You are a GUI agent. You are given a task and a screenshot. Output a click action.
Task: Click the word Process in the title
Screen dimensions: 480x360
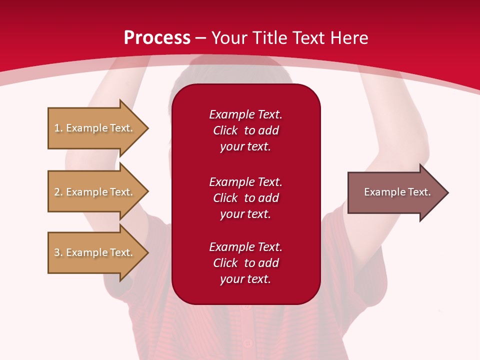157,38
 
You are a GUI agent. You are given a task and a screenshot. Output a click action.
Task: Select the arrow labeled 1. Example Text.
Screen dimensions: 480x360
98,128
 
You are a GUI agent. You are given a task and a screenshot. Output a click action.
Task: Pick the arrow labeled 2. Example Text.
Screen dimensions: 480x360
98,191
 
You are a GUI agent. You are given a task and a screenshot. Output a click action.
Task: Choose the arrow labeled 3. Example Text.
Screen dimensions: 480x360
98,252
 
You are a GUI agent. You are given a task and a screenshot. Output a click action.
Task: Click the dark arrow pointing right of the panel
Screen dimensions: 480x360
398,192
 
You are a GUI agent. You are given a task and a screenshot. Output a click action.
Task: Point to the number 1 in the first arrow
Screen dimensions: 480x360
57,128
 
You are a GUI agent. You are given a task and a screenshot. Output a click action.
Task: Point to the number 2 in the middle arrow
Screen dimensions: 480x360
57,192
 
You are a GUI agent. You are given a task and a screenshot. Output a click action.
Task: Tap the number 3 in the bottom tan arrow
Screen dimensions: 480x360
57,252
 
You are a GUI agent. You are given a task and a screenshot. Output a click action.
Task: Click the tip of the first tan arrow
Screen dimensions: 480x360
149,128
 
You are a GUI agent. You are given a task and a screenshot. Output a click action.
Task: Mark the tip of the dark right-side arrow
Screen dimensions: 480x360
449,192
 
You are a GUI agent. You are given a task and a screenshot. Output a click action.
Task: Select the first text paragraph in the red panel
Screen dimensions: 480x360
245,130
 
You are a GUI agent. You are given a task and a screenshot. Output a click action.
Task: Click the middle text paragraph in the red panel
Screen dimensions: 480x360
245,198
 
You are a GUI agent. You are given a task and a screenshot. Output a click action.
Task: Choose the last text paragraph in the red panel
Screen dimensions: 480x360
245,263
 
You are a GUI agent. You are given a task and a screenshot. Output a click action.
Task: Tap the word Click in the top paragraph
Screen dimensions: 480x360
225,130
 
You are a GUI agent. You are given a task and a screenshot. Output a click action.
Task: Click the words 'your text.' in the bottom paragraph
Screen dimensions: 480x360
245,279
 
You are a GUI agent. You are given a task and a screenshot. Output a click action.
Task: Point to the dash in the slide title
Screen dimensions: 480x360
200,39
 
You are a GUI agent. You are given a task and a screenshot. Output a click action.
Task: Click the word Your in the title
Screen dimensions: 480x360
229,38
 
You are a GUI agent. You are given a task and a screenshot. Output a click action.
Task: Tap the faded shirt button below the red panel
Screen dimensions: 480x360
248,342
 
